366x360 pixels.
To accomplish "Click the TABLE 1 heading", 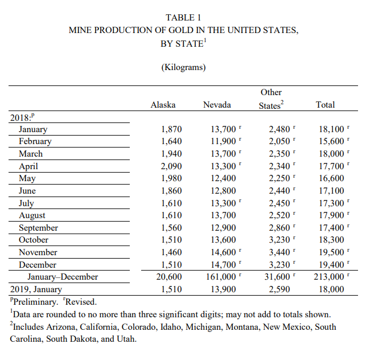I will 183,17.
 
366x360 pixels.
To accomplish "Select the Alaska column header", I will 163,105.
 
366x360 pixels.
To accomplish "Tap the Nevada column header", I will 217,105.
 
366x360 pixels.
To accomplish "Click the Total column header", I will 325,105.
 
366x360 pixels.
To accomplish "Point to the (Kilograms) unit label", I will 183,68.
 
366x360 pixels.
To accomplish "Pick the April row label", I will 28,166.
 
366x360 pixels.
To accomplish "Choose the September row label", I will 38,228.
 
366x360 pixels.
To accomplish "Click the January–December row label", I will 63,277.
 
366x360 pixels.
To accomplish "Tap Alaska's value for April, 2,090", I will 171,166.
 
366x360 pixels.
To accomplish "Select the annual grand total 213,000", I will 328,277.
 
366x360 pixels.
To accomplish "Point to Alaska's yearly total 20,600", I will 168,277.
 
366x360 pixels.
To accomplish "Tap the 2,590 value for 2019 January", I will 279,289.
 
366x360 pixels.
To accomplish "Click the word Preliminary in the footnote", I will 35,302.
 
